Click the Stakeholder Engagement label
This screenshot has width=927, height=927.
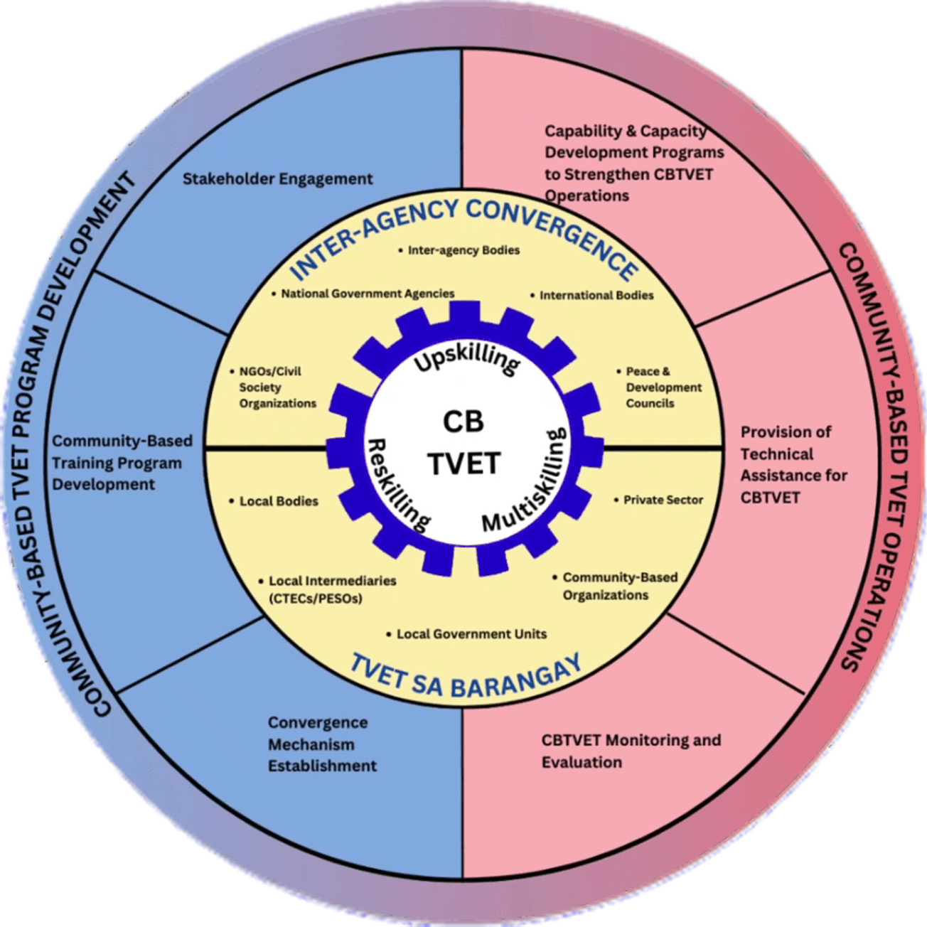(277, 178)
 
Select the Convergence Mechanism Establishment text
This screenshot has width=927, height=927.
(322, 744)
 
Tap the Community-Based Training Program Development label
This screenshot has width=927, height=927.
(122, 463)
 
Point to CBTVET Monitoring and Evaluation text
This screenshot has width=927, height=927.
(631, 751)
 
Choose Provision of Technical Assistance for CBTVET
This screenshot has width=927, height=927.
(793, 464)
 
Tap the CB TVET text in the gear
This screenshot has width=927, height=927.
(464, 442)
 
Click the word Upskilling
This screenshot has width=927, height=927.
(466, 359)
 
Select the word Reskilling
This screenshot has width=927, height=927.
(398, 484)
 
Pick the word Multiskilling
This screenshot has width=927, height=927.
(527, 483)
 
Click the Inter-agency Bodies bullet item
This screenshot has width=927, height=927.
(463, 250)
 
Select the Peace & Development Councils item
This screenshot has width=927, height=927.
(663, 387)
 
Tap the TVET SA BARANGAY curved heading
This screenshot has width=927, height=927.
(466, 676)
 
